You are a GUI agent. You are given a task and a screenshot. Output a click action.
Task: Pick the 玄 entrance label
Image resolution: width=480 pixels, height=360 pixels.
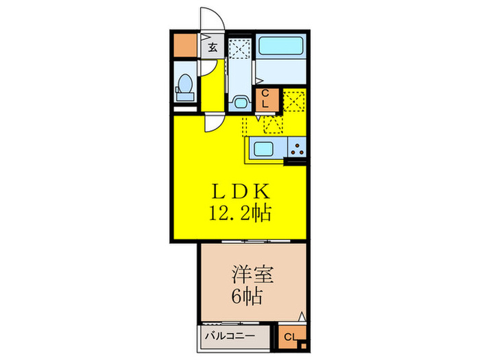pyautogui.click(x=213, y=47)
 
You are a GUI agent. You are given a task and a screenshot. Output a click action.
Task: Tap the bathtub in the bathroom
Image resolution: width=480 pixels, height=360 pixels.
pyautogui.click(x=283, y=47)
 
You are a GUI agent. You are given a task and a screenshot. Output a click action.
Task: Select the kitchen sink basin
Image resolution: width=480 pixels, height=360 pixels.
pyautogui.click(x=264, y=147)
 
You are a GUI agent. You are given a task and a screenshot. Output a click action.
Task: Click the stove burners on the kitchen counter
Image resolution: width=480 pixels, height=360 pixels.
pyautogui.click(x=298, y=147)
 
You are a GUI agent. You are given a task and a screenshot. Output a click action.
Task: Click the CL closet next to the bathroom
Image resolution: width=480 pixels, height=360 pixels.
pyautogui.click(x=266, y=99)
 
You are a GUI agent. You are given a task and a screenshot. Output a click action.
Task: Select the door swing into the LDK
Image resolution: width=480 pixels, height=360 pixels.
pyautogui.click(x=213, y=124)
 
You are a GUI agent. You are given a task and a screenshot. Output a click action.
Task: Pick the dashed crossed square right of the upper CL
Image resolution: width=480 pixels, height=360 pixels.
pyautogui.click(x=293, y=101)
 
